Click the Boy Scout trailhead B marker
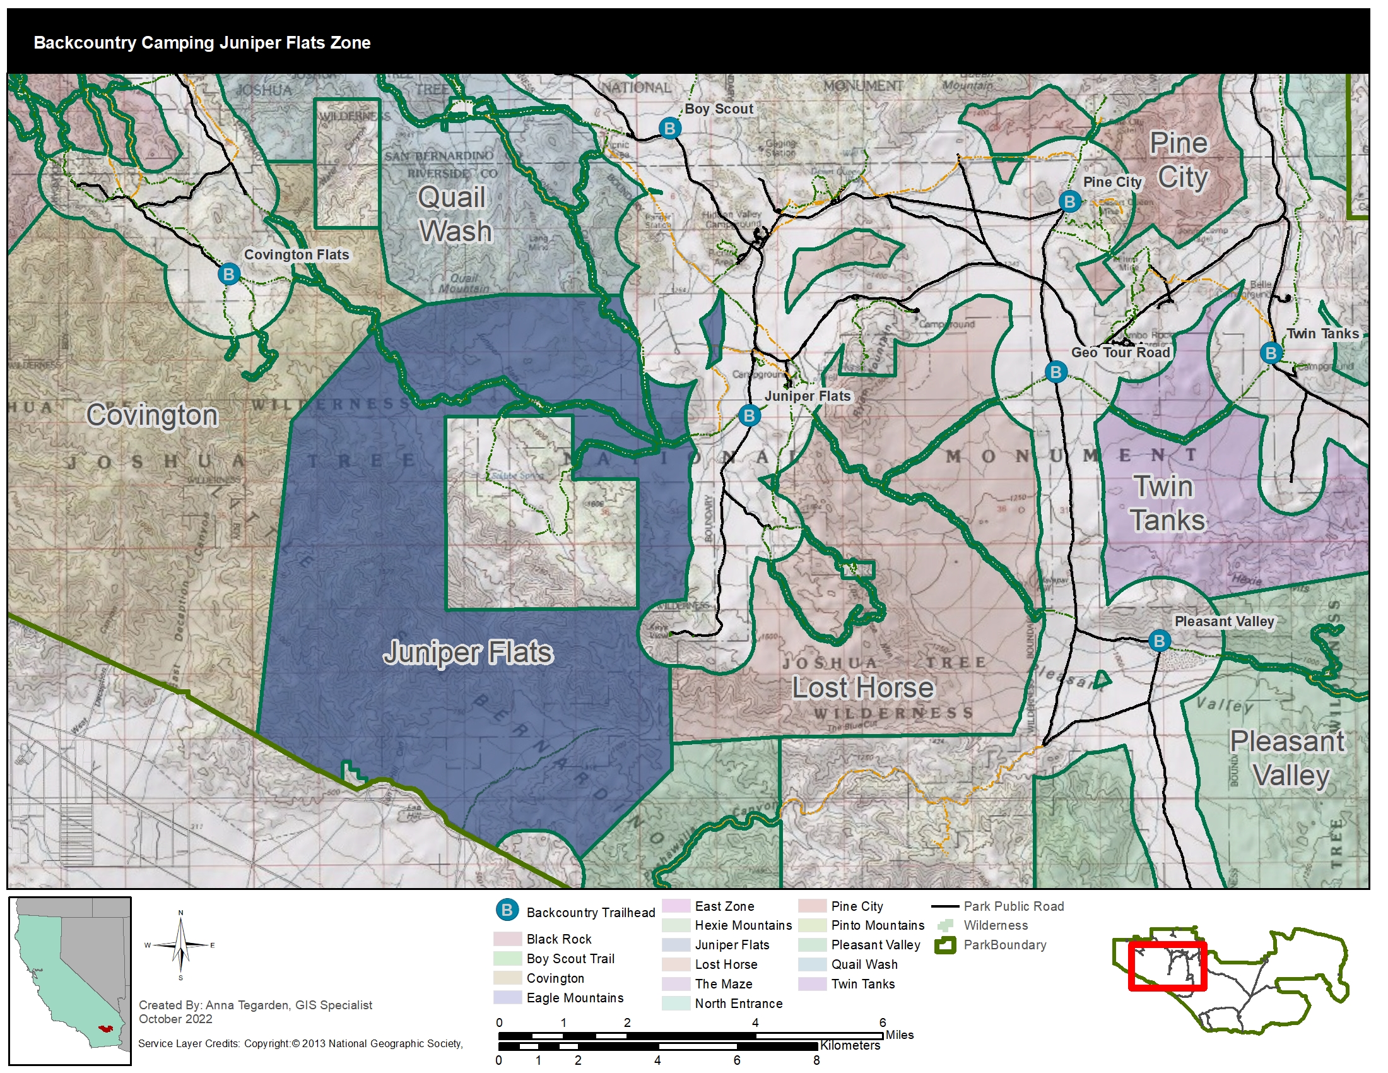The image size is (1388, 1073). pos(669,128)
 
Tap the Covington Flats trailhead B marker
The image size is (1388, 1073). pos(229,275)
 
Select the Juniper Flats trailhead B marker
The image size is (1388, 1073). pos(750,416)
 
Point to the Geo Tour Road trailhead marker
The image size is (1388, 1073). pos(1056,372)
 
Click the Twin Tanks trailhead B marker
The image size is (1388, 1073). pos(1271,353)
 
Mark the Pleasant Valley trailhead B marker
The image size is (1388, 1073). pos(1159,641)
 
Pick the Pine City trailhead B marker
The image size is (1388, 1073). pos(1069,202)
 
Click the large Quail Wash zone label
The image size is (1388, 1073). pos(454,214)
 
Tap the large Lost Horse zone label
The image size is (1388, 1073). pos(862,688)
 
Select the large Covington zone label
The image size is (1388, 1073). pos(153,415)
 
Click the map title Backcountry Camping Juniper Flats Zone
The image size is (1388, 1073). pos(202,42)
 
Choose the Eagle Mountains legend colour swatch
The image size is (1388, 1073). pos(507,997)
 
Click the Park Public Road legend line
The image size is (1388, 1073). pos(945,906)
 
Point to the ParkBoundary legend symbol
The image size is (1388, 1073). pos(945,946)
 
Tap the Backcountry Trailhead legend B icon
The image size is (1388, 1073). pos(507,910)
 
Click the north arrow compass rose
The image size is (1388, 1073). pos(181,946)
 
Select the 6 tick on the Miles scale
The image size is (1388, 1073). pos(883,1023)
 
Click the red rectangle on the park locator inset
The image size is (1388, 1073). pos(1167,966)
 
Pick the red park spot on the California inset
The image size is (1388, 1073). pos(104,1028)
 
